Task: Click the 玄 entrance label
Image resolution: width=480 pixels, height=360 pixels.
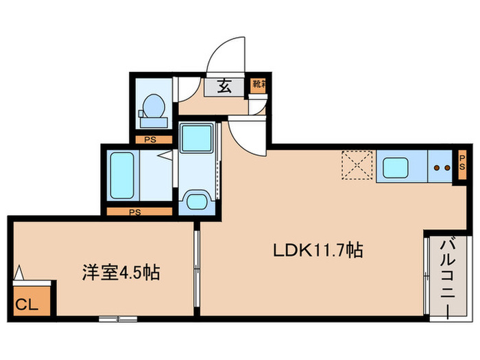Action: pyautogui.click(x=224, y=86)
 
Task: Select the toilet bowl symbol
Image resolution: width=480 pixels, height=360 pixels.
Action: pyautogui.click(x=153, y=108)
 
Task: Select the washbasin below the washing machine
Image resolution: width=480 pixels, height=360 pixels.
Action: pyautogui.click(x=197, y=202)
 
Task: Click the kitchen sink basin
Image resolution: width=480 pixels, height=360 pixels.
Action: pyautogui.click(x=396, y=167)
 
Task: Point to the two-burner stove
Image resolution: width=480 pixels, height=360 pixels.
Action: pyautogui.click(x=440, y=167)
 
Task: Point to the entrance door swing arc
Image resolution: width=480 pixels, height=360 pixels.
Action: pyautogui.click(x=226, y=55)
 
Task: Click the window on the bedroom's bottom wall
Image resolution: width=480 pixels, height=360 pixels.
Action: pyautogui.click(x=117, y=318)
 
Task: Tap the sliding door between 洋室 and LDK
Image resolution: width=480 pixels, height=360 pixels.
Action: pyautogui.click(x=196, y=267)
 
